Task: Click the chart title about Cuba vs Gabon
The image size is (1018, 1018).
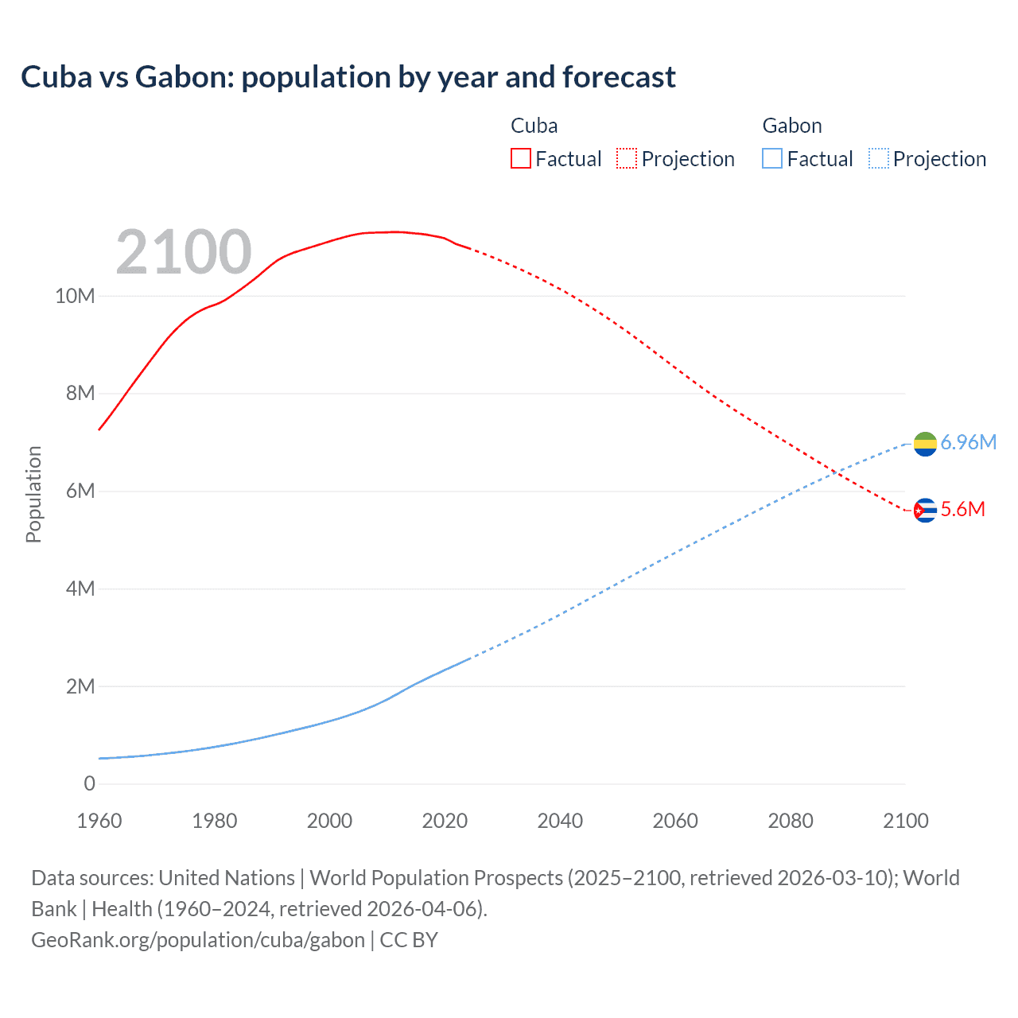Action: pyautogui.click(x=348, y=77)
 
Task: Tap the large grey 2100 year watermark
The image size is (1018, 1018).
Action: pyautogui.click(x=184, y=252)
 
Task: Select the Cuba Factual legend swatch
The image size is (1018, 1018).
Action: pyautogui.click(x=520, y=158)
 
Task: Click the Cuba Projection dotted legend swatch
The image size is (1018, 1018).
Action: pyautogui.click(x=627, y=158)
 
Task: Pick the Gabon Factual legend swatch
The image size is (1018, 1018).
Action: pyautogui.click(x=772, y=158)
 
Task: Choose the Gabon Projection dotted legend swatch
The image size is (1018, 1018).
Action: pyautogui.click(x=878, y=158)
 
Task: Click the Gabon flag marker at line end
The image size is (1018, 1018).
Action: pyautogui.click(x=925, y=444)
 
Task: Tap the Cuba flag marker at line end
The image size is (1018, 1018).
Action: pyautogui.click(x=925, y=510)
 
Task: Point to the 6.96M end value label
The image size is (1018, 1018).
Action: pyautogui.click(x=968, y=442)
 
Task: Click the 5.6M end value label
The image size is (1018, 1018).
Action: pyautogui.click(x=962, y=509)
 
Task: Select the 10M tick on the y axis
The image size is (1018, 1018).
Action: pyautogui.click(x=75, y=296)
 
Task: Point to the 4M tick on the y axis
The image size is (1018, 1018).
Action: pyautogui.click(x=80, y=589)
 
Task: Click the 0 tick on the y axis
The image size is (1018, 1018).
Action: pyautogui.click(x=89, y=783)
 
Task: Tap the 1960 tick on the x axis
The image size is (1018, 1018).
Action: pyautogui.click(x=99, y=821)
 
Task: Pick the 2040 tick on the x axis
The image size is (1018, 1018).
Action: pyautogui.click(x=560, y=821)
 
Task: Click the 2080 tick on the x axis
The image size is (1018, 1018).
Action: pyautogui.click(x=791, y=821)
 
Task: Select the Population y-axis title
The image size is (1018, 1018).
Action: pyautogui.click(x=33, y=494)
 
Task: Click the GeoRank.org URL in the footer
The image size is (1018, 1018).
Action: pyautogui.click(x=198, y=939)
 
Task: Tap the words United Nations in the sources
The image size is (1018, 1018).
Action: pyautogui.click(x=227, y=878)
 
